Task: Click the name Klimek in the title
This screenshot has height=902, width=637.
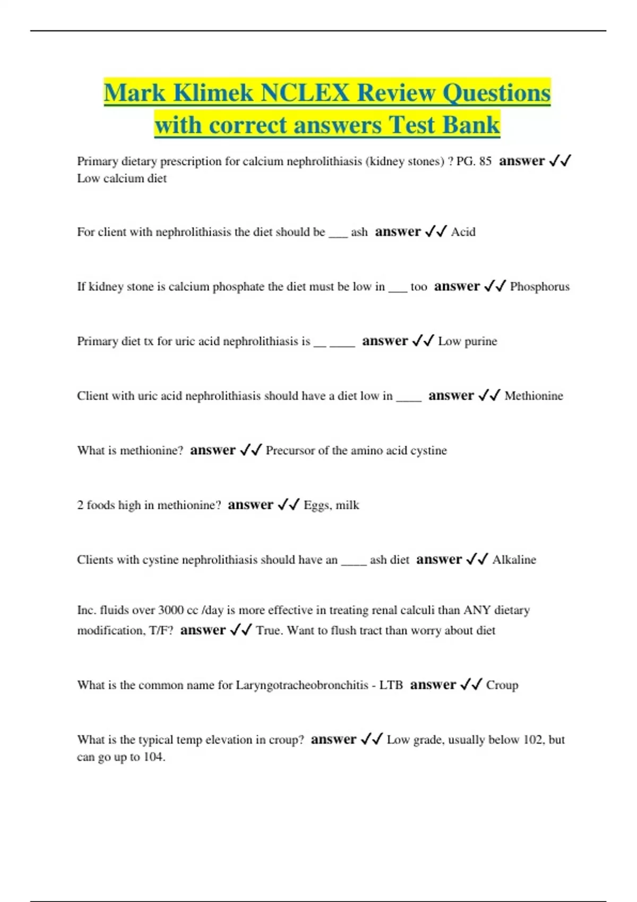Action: pyautogui.click(x=213, y=93)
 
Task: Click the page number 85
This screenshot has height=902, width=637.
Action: pyautogui.click(x=485, y=161)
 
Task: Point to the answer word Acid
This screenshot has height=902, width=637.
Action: pyautogui.click(x=463, y=232)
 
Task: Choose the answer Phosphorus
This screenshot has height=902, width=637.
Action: pyautogui.click(x=539, y=287)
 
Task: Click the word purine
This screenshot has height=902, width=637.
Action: pyautogui.click(x=480, y=341)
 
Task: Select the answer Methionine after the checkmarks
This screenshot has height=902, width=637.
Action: pyautogui.click(x=533, y=396)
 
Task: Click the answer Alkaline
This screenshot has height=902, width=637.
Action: pyautogui.click(x=514, y=560)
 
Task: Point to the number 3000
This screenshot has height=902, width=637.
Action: pyautogui.click(x=171, y=610)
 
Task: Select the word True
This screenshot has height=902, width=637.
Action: pyautogui.click(x=269, y=630)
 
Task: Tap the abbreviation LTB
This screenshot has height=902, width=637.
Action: pyautogui.click(x=391, y=685)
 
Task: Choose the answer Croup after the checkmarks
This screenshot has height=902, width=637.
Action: pyautogui.click(x=502, y=685)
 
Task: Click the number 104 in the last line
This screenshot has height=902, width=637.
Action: pyautogui.click(x=153, y=757)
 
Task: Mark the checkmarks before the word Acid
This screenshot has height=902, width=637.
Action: pyautogui.click(x=436, y=232)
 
